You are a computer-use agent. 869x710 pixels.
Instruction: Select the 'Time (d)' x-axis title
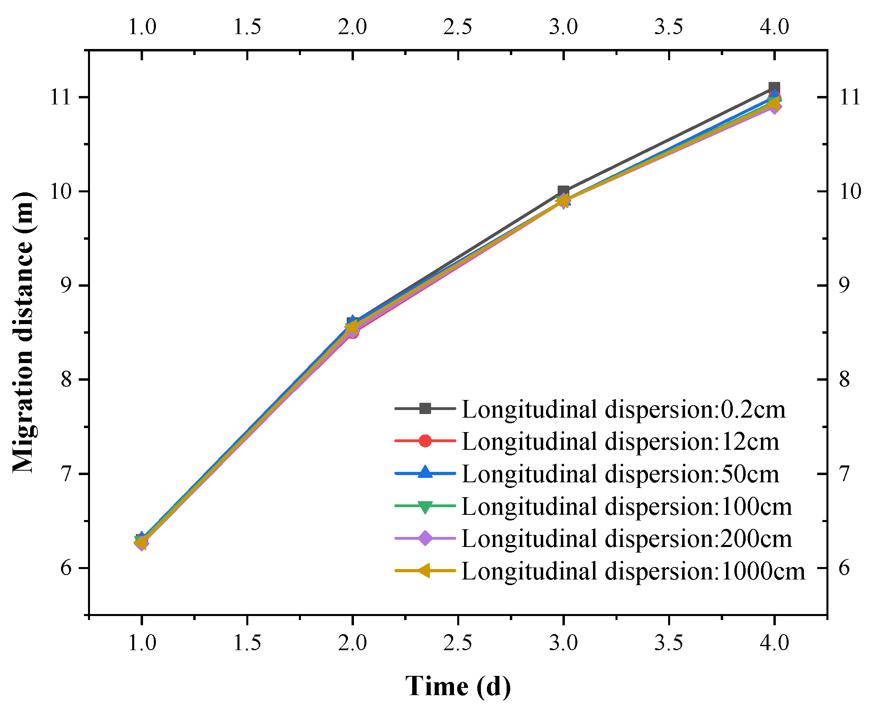(x=458, y=686)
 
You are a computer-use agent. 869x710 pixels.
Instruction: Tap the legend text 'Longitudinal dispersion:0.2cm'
(x=624, y=409)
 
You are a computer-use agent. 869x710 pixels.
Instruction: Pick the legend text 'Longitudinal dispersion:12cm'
(x=620, y=442)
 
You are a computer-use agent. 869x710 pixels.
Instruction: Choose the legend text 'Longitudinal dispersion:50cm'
(x=620, y=474)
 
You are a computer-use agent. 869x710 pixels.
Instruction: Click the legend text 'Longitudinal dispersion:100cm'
(x=627, y=506)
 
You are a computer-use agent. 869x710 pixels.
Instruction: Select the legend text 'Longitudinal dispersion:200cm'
(x=627, y=539)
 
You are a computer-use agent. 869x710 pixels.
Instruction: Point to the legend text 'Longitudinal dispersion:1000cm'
(x=633, y=571)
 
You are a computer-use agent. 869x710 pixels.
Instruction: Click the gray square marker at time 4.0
(x=774, y=88)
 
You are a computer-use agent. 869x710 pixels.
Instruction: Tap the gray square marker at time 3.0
(x=563, y=191)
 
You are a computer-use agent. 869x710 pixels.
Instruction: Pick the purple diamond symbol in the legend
(x=425, y=538)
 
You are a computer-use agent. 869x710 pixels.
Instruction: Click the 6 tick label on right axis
(x=844, y=568)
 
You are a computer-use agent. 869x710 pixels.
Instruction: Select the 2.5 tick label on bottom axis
(x=458, y=643)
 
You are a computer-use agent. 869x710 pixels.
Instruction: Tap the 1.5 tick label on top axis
(x=247, y=27)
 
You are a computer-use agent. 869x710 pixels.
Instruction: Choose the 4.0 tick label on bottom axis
(x=774, y=643)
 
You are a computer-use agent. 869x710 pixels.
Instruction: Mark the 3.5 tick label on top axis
(x=669, y=27)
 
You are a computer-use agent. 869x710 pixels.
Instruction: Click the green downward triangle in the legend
(x=425, y=506)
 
